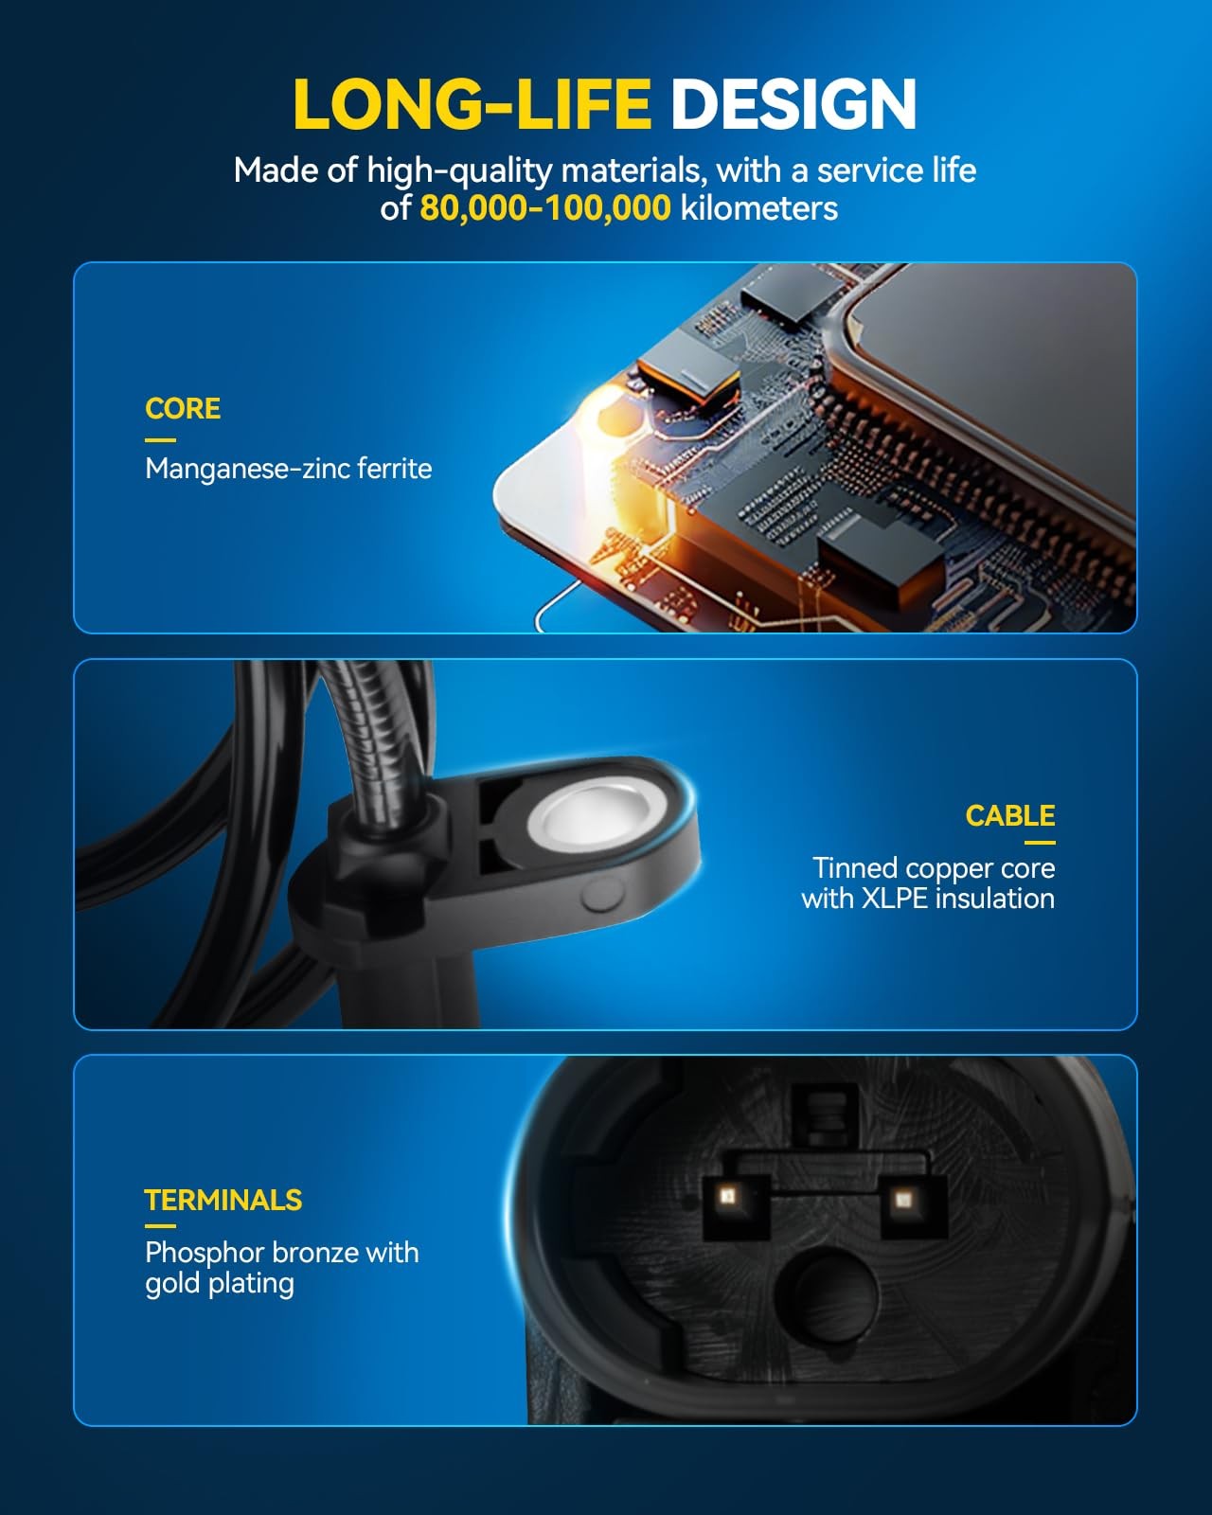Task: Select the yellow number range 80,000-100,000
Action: point(545,208)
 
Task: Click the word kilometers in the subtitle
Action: point(759,208)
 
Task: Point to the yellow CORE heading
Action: point(183,408)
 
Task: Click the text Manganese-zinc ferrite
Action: point(288,469)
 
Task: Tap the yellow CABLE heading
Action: point(1010,815)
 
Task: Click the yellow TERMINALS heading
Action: point(223,1200)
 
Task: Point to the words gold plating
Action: point(220,1284)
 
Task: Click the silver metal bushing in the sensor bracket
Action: point(596,813)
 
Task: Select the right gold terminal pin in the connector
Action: point(902,1198)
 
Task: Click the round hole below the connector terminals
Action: point(827,1295)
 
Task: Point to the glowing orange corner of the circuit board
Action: point(613,422)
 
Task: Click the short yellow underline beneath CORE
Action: point(161,440)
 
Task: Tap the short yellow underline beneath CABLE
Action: point(1040,842)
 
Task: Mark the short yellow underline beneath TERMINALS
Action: point(161,1225)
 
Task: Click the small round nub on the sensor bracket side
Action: point(602,895)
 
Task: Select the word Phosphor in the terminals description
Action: point(205,1254)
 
